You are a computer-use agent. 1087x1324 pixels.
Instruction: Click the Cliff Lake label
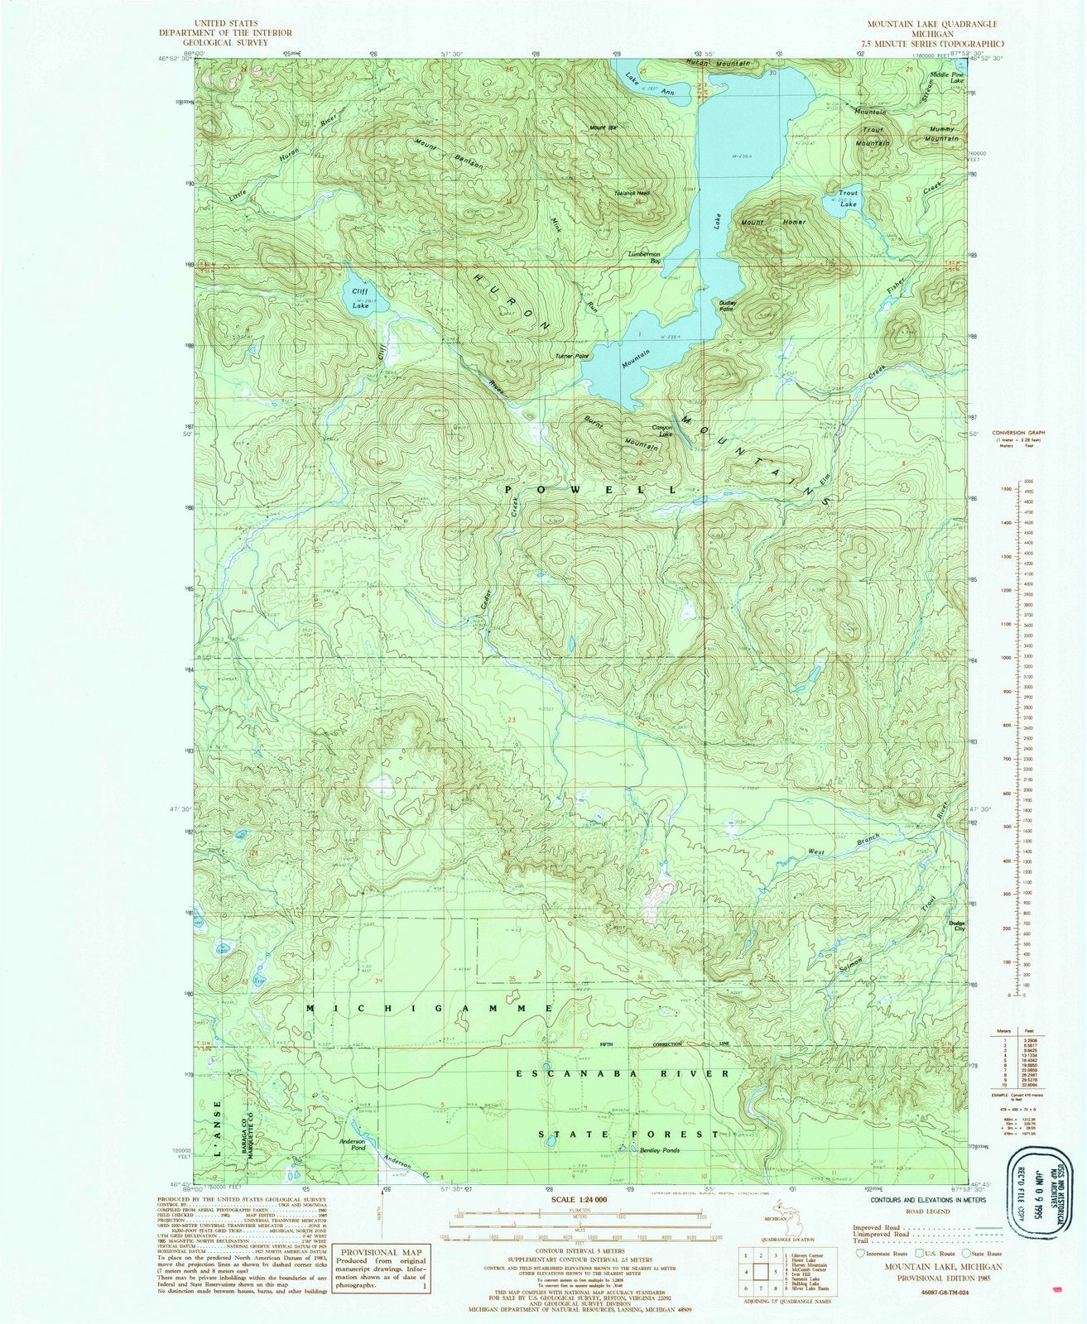(x=358, y=299)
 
